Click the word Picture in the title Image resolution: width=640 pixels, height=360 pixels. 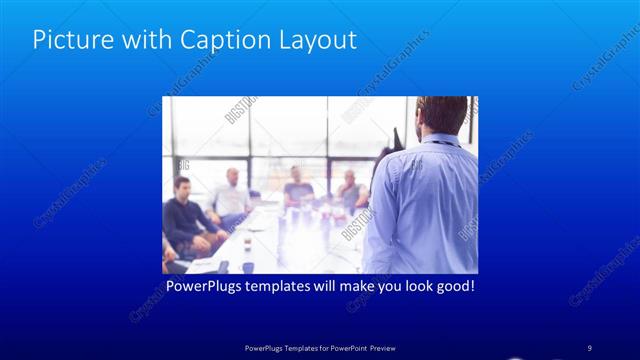point(68,40)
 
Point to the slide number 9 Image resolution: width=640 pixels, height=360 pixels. point(590,347)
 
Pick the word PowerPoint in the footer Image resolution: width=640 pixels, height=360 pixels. point(341,347)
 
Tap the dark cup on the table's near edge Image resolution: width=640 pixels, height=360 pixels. point(246,267)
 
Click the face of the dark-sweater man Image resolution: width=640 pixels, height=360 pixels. point(181,188)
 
